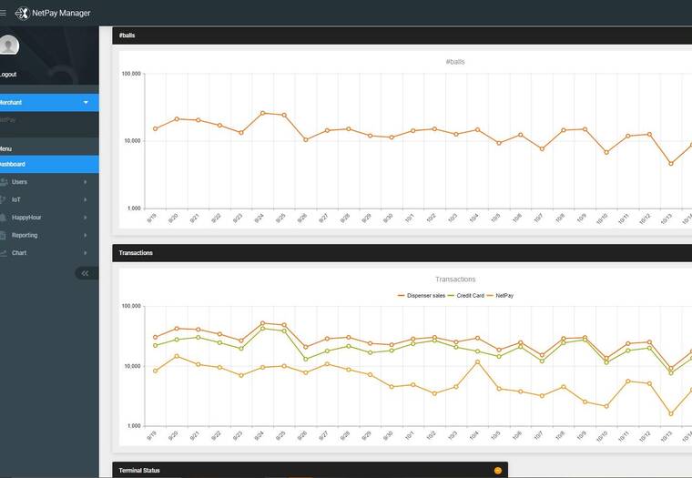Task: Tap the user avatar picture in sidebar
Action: pos(8,46)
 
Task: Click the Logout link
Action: pos(7,75)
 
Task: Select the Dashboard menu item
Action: pos(12,164)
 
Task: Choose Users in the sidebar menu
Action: pos(19,182)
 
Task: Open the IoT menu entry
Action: pos(16,199)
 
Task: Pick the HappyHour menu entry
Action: pos(26,218)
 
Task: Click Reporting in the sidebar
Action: pos(25,235)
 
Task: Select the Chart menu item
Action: pos(19,252)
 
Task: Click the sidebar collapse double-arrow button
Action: pos(86,272)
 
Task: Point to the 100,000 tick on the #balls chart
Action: pos(131,74)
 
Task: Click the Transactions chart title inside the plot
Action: pos(455,280)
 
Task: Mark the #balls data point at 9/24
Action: pos(262,113)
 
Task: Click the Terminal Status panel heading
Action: pos(139,471)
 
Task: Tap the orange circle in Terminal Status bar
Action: pos(498,471)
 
